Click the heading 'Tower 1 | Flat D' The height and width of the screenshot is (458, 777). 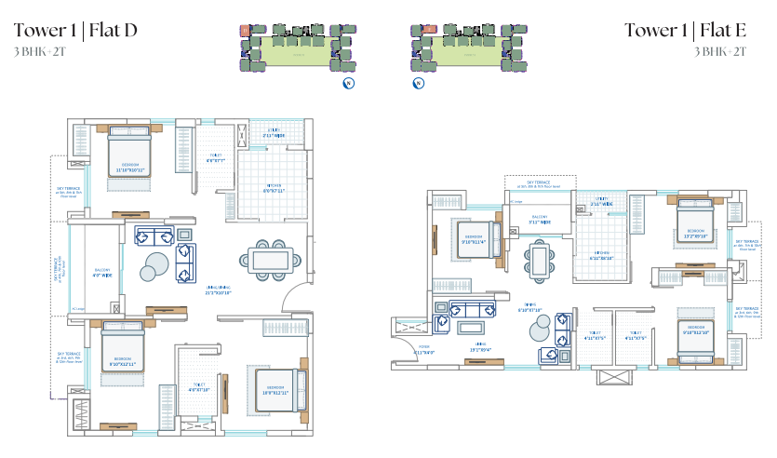(x=75, y=31)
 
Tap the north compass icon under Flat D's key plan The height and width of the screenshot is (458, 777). (x=348, y=84)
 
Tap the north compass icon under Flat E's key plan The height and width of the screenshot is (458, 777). (x=419, y=84)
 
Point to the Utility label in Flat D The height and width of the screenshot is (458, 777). (x=273, y=133)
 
